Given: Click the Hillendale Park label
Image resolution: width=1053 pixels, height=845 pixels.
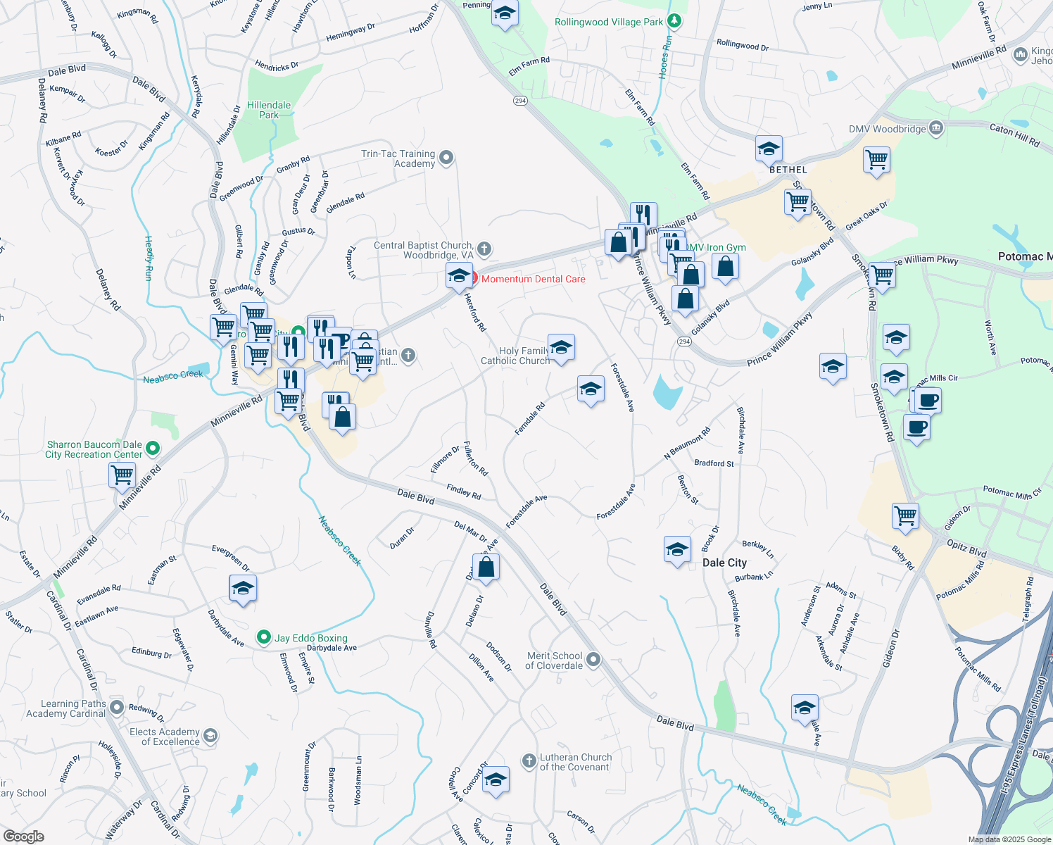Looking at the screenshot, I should (269, 110).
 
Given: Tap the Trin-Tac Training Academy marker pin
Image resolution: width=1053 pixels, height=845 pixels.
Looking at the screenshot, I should (446, 158).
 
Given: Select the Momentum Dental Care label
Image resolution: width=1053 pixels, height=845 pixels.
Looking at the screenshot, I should (533, 279).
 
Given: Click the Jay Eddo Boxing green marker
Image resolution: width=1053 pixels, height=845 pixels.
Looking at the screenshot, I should (264, 637).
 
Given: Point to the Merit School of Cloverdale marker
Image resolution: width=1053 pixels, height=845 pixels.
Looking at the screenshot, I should (593, 659).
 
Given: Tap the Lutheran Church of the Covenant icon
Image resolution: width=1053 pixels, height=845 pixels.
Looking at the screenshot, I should (529, 760).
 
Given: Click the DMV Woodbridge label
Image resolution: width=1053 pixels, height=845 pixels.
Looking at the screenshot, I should (887, 129).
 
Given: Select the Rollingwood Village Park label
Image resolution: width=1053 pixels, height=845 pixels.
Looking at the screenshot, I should (609, 22).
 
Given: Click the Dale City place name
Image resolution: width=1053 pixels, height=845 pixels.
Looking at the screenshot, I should (724, 563).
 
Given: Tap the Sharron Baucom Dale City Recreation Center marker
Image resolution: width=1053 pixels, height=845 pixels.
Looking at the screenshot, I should (153, 449).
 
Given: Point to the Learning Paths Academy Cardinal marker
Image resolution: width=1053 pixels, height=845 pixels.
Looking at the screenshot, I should (117, 708).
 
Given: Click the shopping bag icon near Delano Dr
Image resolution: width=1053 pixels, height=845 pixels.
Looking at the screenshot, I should (486, 567).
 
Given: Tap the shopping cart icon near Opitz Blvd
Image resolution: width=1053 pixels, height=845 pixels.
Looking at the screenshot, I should (905, 515).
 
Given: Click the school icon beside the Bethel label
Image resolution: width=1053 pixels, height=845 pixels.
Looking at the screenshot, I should (769, 149).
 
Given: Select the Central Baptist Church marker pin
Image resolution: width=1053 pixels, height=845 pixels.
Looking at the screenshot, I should (484, 249).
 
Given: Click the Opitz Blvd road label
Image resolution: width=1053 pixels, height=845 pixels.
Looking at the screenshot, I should (966, 548).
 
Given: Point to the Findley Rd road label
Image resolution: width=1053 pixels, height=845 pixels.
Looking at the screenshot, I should (463, 492).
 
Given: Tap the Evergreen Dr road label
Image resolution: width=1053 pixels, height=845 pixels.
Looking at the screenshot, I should (231, 558).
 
